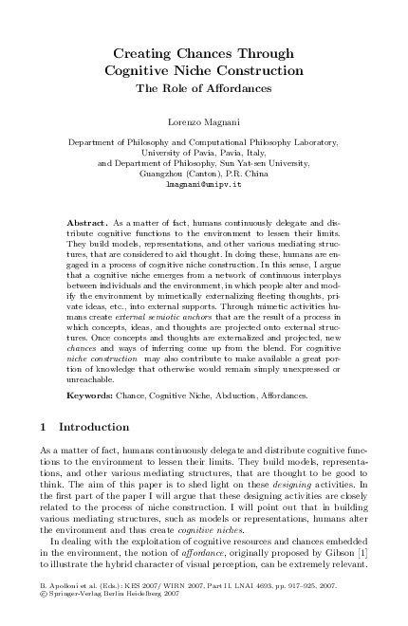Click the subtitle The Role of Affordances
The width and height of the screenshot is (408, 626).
205,87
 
